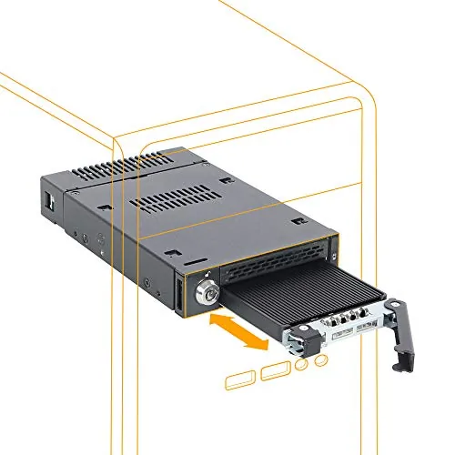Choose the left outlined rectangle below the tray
coord(242,378)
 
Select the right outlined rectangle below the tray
coord(275,371)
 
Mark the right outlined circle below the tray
coord(321,362)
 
